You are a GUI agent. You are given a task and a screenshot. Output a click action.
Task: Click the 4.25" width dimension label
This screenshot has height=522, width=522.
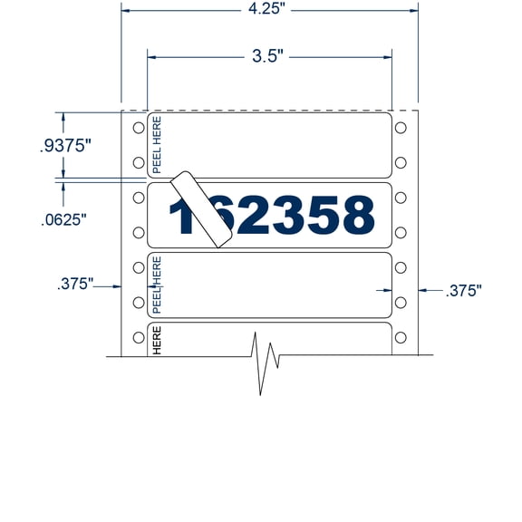[x=269, y=11]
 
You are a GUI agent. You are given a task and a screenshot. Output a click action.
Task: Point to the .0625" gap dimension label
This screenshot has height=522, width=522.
[x=64, y=220]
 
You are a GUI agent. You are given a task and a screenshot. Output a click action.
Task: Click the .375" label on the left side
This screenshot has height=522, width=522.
[x=75, y=284]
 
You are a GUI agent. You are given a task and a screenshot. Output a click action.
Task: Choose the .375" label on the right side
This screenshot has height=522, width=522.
[x=462, y=290]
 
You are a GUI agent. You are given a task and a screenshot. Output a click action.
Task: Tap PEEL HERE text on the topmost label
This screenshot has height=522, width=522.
[x=156, y=144]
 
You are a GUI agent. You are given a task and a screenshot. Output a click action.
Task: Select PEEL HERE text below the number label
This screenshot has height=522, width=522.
[x=156, y=283]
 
